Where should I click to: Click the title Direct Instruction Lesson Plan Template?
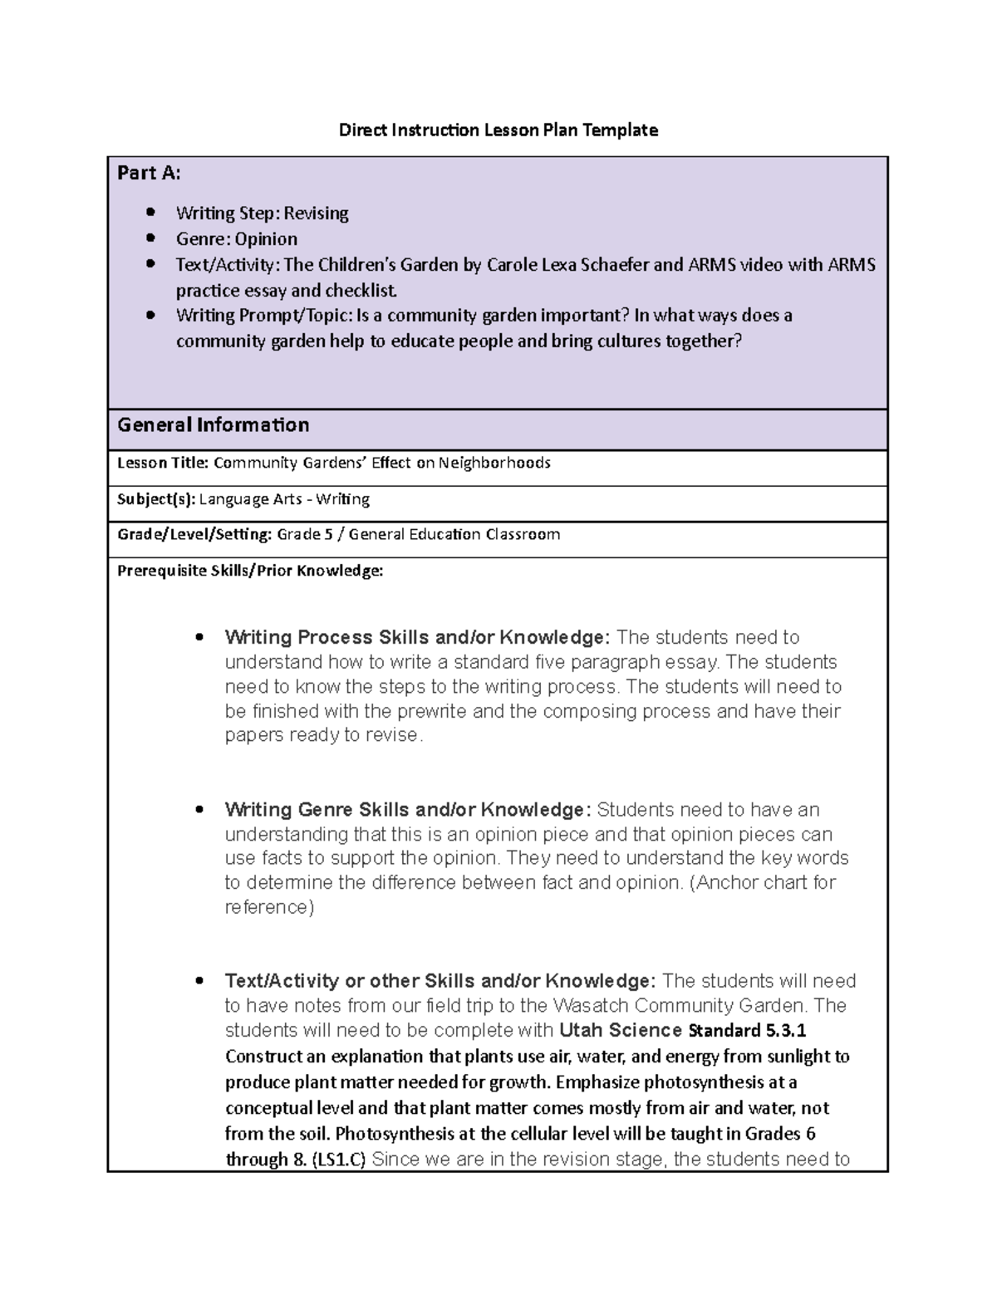(x=498, y=130)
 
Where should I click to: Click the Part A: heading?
(x=149, y=173)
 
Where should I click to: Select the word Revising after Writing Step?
(x=316, y=213)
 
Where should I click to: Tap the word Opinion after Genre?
(x=265, y=239)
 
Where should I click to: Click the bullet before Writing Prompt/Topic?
(x=150, y=316)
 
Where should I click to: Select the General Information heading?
(x=213, y=425)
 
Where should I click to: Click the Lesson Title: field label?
(x=163, y=463)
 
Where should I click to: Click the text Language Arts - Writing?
(x=284, y=499)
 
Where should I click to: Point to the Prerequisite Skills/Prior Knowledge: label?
(x=250, y=571)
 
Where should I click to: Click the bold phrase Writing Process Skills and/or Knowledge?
(x=417, y=637)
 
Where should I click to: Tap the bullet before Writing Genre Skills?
(x=199, y=810)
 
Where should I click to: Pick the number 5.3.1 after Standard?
(x=784, y=1031)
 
